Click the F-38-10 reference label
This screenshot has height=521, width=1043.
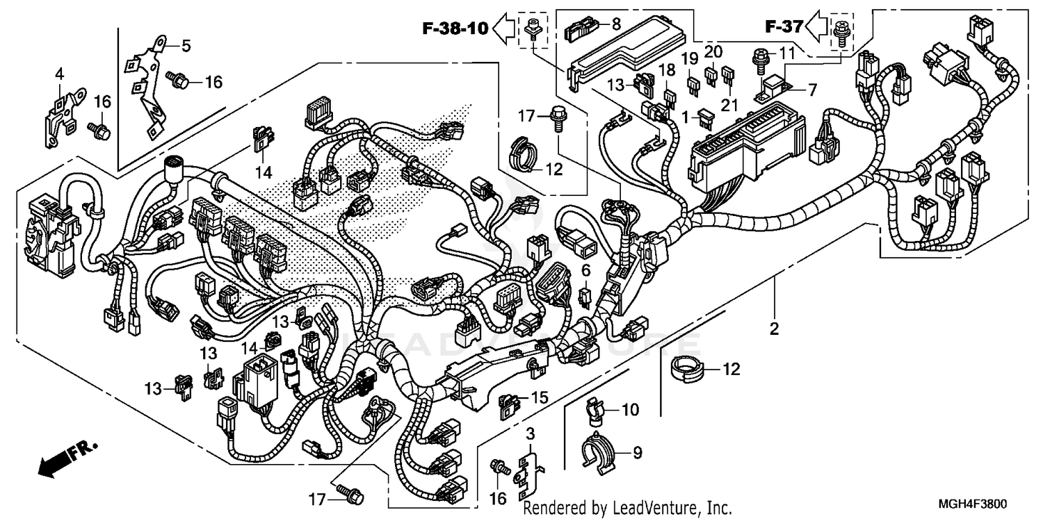[455, 28]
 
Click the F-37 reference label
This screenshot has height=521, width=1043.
[784, 27]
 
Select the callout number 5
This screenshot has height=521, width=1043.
[186, 46]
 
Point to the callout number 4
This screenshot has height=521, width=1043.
[59, 73]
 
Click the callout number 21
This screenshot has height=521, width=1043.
[729, 104]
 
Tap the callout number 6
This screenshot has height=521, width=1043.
[585, 270]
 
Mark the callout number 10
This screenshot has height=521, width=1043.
[629, 411]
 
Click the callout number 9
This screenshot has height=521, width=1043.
[637, 453]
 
